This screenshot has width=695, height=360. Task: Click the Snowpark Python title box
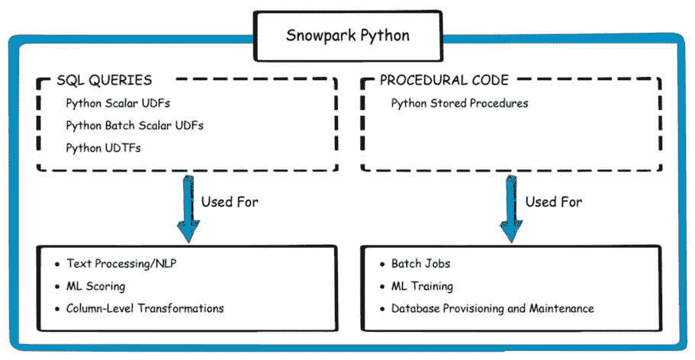pos(348,36)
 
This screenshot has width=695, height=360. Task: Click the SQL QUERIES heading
pos(105,80)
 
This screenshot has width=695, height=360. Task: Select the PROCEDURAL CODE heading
pos(444,80)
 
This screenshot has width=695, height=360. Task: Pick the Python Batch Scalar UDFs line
pos(134,125)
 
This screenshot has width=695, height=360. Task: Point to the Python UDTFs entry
pos(103,147)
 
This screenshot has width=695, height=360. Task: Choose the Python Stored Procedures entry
pos(459,103)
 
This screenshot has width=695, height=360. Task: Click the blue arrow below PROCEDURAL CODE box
pos(511,206)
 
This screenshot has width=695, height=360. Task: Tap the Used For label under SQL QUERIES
pos(230,202)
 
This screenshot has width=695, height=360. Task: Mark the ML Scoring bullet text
pos(95,286)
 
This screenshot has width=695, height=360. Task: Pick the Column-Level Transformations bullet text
pos(145,308)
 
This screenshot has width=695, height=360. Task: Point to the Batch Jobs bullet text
pos(420,264)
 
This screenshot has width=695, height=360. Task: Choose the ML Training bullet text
pos(422,286)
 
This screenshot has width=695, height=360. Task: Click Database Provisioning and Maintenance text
pos(492,308)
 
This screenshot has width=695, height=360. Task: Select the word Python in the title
pos(383,36)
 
